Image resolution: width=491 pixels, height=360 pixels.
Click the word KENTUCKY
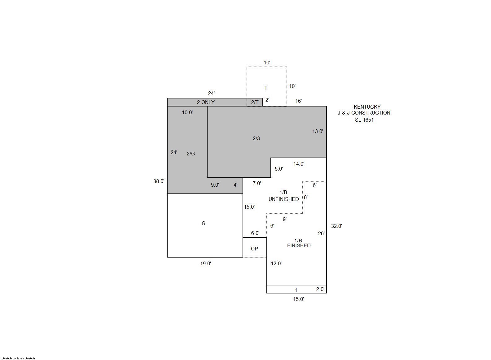click(367, 107)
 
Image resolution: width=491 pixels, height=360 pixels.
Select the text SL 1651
click(364, 120)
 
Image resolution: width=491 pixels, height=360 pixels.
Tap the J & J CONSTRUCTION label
click(364, 113)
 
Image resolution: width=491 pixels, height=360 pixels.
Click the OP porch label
click(254, 249)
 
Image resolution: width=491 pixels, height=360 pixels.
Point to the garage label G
click(204, 223)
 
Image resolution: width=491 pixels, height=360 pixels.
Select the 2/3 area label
click(256, 138)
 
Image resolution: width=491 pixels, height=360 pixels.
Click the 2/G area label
click(191, 154)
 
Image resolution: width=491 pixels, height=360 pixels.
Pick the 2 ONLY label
click(206, 102)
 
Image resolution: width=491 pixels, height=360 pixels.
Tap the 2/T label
click(255, 102)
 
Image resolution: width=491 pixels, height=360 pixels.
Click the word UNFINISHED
click(284, 199)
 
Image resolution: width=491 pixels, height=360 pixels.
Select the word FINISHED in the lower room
click(299, 245)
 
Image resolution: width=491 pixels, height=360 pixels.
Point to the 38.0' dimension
click(159, 181)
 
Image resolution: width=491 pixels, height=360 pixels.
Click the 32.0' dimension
click(336, 226)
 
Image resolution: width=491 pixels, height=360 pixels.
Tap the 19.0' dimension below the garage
click(205, 263)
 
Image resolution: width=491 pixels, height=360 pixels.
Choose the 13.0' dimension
click(318, 131)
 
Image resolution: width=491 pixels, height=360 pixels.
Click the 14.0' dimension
click(299, 164)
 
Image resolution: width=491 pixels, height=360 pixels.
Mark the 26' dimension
click(321, 233)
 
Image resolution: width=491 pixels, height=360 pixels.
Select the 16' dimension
click(298, 101)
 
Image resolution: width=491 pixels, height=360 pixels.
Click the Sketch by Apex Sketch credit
click(18, 358)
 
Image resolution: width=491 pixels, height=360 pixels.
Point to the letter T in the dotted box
click(266, 88)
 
